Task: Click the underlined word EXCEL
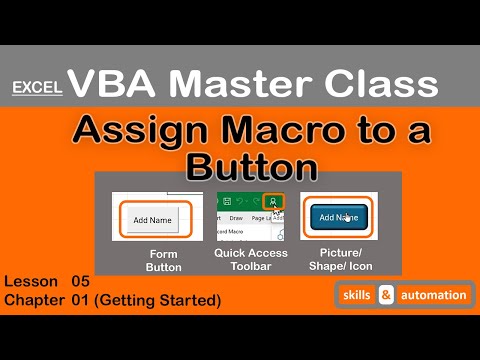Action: pyautogui.click(x=37, y=87)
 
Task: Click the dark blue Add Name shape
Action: pyautogui.click(x=338, y=217)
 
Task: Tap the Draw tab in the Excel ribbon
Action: pyautogui.click(x=236, y=217)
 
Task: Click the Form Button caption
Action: pyautogui.click(x=162, y=260)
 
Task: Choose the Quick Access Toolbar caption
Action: pyautogui.click(x=250, y=260)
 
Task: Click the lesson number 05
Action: pyautogui.click(x=81, y=282)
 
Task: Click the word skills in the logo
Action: pyautogui.click(x=359, y=295)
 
